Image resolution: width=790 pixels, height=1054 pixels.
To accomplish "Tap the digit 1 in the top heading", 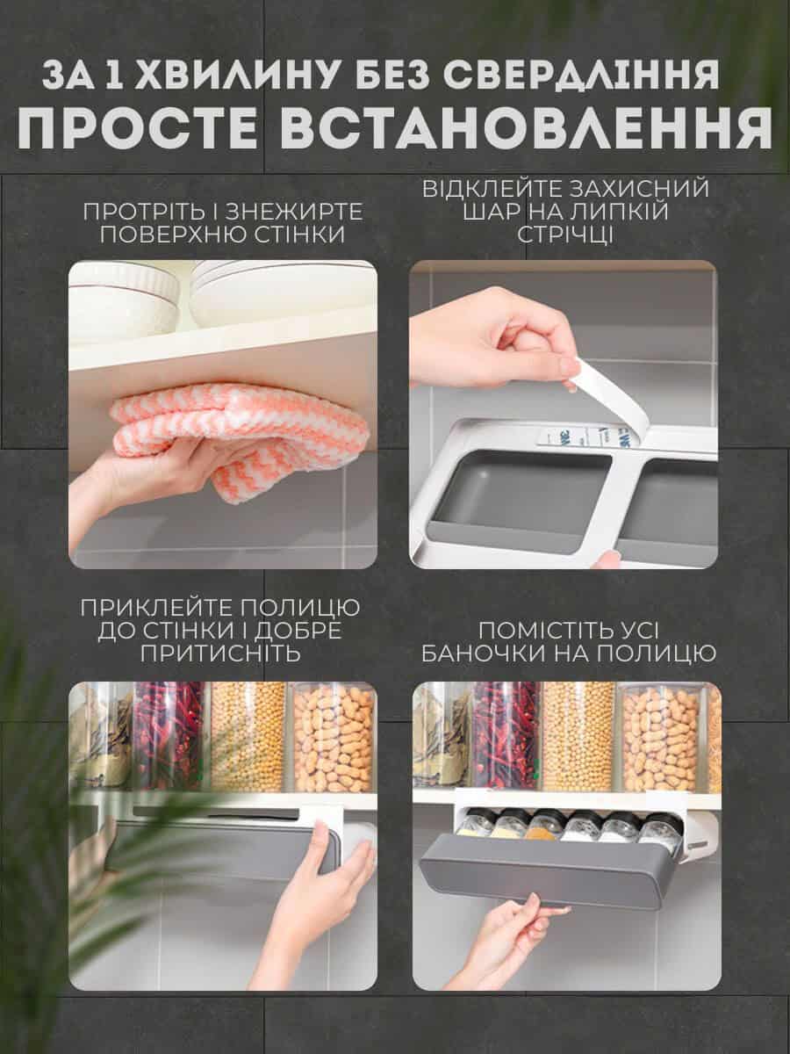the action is [112, 75].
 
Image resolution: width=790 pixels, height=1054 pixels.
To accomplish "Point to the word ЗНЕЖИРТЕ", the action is [294, 212].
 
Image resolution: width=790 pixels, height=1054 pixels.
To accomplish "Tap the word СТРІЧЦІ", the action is [565, 235].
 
